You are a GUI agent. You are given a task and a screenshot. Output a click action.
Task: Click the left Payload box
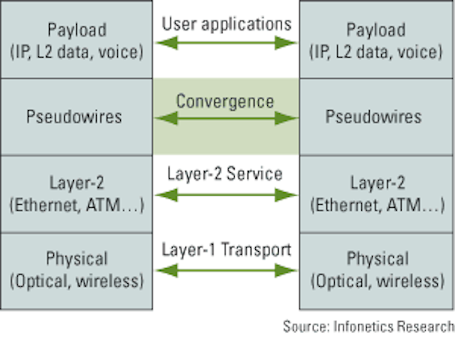pos(76,40)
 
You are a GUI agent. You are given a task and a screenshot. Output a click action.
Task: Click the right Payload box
pos(376,40)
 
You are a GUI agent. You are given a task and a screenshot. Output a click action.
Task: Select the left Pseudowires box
pos(76,117)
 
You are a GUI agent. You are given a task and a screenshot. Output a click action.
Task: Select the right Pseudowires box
pos(376,117)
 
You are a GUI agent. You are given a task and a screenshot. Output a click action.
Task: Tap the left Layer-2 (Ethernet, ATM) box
pos(76,194)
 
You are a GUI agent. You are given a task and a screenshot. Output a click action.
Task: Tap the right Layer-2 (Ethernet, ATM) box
pos(376,194)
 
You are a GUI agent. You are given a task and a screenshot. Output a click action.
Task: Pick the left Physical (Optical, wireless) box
pos(76,271)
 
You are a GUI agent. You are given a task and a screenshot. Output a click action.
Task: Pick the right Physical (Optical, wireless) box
pos(376,271)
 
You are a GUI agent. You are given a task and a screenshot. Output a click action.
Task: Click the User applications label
pos(227,24)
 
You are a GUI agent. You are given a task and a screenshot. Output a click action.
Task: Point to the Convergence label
pos(225,102)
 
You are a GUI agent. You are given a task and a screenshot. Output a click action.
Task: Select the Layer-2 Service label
pos(225,174)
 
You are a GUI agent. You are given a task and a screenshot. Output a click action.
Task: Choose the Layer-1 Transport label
pos(226,250)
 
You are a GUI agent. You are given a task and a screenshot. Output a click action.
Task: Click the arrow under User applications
pos(226,43)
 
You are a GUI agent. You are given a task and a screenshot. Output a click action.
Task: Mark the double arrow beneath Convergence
pos(226,118)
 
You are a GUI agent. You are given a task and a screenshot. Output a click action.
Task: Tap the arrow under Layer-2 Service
pos(226,195)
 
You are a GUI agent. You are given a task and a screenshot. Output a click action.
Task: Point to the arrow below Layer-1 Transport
pos(226,270)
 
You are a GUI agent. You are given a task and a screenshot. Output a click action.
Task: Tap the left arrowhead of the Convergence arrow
pos(166,118)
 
